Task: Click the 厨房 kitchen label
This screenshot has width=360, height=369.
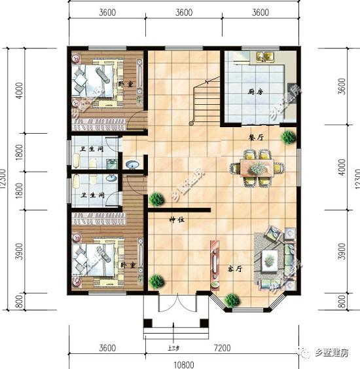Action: pos(255,92)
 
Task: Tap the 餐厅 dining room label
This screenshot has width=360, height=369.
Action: pos(256,138)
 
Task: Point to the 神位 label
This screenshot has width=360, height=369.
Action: pos(177,220)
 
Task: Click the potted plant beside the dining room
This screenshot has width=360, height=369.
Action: pos(288,136)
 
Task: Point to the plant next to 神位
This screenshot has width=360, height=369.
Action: pos(156,199)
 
